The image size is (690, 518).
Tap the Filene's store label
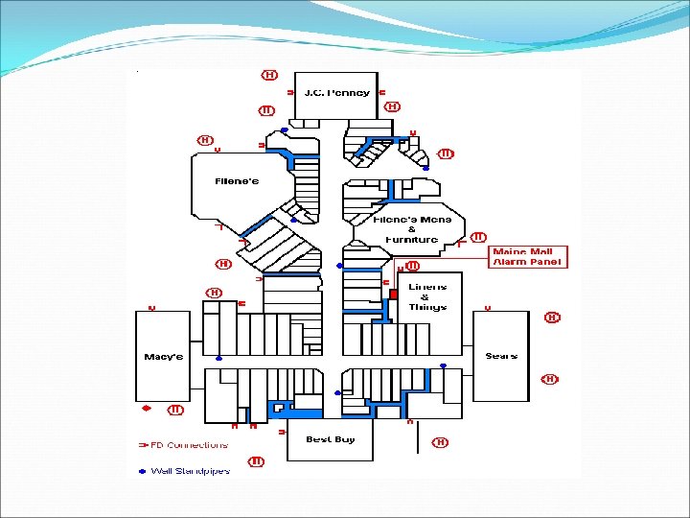tap(237, 181)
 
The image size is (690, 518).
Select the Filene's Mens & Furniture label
tap(411, 229)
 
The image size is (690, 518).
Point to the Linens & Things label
tap(427, 296)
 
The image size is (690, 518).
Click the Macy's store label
tap(163, 357)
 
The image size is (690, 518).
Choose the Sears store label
tap(501, 356)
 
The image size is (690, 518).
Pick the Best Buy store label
tap(331, 439)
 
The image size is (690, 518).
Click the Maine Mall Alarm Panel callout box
tap(529, 257)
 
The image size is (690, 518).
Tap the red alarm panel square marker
tap(393, 294)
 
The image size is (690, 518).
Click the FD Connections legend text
tap(191, 445)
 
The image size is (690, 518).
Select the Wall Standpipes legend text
tap(191, 471)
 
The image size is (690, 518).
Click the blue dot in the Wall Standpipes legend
tap(142, 471)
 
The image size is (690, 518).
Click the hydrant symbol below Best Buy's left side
tap(257, 461)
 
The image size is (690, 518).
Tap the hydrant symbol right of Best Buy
tap(440, 442)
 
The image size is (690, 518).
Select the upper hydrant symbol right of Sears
tap(553, 317)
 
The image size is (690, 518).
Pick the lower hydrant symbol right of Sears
tap(550, 379)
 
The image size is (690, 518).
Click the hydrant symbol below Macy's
tap(175, 410)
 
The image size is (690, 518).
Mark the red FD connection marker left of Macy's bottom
tap(147, 408)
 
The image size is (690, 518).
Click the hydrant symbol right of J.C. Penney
tap(392, 106)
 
